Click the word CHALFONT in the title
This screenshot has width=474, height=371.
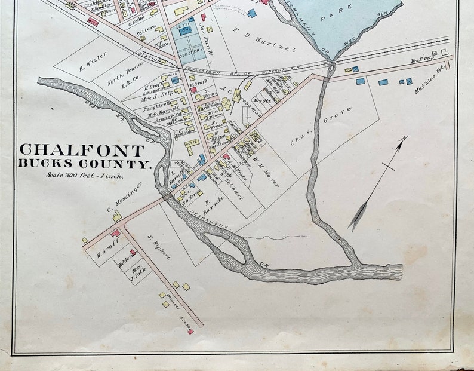tap(82, 151)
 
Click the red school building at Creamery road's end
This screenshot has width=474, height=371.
tap(190, 332)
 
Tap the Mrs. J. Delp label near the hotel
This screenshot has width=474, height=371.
tap(157, 92)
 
